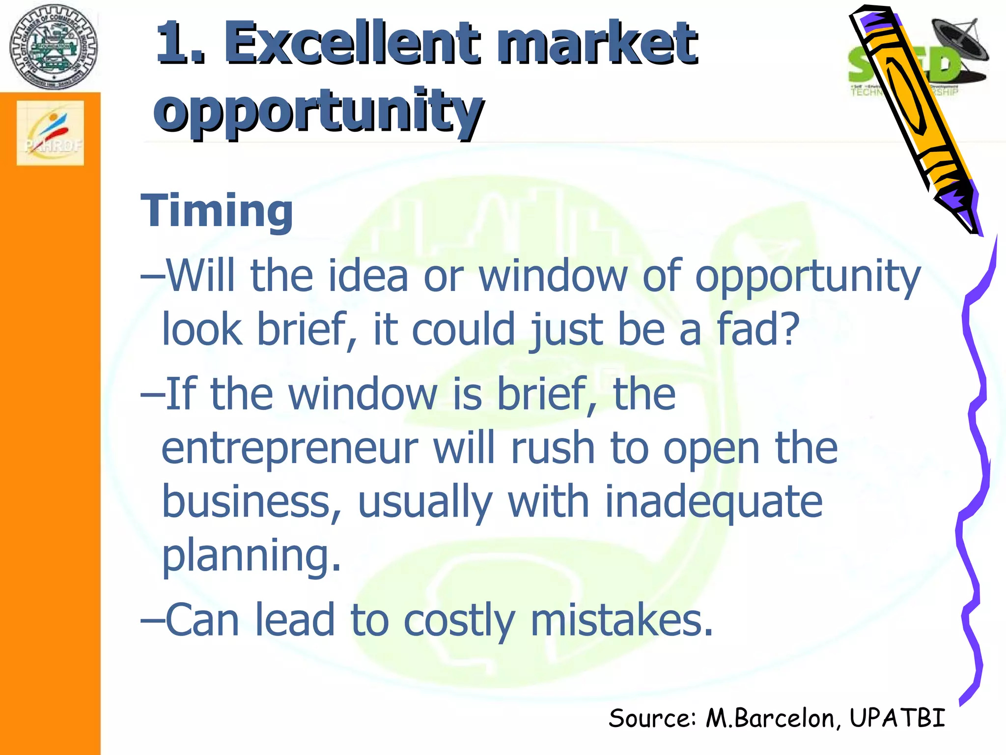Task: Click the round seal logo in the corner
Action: [53, 47]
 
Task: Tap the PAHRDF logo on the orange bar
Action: [51, 133]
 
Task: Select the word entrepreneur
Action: [290, 448]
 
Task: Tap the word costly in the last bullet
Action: [459, 620]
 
